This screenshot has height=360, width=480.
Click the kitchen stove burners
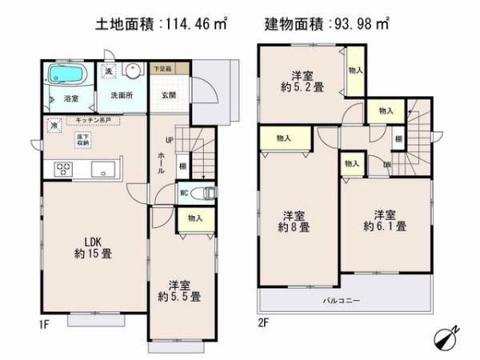coord(63,168)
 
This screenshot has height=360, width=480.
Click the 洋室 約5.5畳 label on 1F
coord(183,290)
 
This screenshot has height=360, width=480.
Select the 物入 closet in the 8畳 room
coord(283,139)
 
